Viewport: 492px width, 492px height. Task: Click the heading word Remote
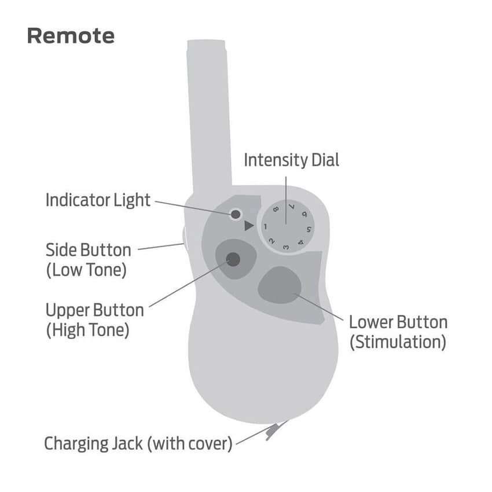[71, 36]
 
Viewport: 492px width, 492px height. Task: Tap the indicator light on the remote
[235, 215]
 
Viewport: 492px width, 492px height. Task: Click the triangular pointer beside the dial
[248, 226]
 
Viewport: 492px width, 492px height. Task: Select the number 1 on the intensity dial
[265, 226]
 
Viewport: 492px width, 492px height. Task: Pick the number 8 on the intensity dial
[276, 210]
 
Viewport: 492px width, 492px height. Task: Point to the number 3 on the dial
[286, 247]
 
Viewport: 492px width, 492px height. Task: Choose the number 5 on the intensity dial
[309, 231]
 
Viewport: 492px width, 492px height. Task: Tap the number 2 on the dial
[271, 240]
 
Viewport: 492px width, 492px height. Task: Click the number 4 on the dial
[301, 243]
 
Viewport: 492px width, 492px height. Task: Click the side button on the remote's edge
[184, 237]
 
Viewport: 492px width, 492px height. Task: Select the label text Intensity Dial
[291, 160]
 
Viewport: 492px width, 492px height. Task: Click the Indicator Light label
[98, 200]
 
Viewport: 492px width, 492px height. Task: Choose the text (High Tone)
[87, 330]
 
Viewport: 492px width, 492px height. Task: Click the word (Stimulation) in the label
[398, 342]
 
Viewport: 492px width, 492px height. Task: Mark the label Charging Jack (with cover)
[138, 444]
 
